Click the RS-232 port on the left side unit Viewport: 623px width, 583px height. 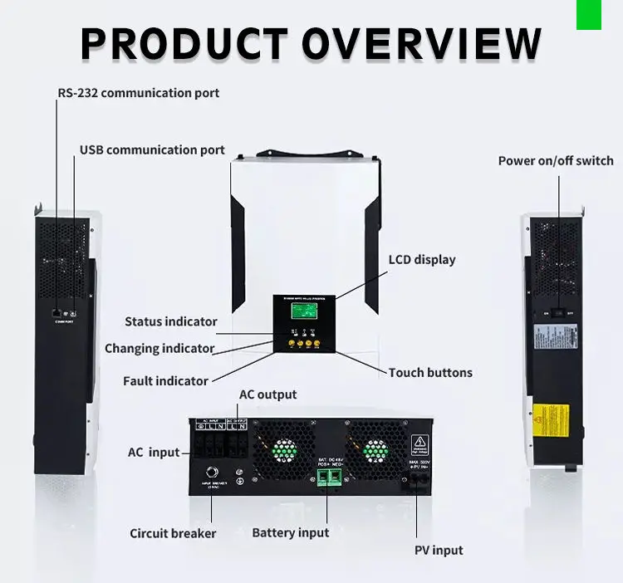coord(56,311)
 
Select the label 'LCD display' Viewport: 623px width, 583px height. coord(422,260)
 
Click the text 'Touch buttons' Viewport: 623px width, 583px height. coord(430,373)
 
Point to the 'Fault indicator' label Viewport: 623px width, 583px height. coord(165,381)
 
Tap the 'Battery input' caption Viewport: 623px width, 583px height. coord(291,533)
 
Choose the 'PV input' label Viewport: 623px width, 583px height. coord(439,550)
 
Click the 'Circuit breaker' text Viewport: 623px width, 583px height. coord(173,533)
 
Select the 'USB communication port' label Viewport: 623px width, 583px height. coord(152,150)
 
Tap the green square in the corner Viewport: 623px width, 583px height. coord(588,14)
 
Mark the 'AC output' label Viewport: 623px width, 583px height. coord(267,394)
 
